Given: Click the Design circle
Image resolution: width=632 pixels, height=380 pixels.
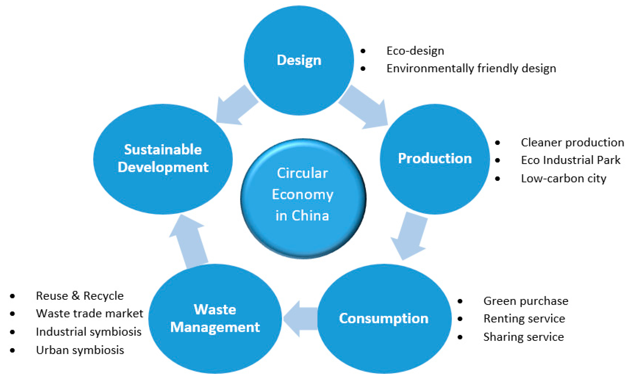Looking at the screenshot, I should (299, 61).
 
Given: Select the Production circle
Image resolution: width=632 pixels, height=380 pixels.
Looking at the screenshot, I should (435, 159).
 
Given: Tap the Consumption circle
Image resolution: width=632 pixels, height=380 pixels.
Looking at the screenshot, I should (384, 319).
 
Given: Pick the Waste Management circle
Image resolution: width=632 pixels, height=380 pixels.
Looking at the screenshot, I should (215, 319).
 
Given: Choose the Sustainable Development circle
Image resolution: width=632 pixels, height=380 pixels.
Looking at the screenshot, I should (163, 159).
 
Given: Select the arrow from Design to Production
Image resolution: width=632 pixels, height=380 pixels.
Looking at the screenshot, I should (364, 108).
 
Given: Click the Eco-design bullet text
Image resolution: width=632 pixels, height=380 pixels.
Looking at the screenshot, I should (415, 51).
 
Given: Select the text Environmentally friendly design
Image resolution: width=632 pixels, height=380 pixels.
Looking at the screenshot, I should (471, 69).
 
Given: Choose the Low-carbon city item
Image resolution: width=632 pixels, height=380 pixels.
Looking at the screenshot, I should (564, 179).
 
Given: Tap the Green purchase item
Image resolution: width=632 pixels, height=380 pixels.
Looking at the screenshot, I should (526, 301).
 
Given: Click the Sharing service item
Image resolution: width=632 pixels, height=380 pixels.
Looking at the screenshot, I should (524, 337).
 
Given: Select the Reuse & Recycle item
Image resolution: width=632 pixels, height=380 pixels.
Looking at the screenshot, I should (80, 296).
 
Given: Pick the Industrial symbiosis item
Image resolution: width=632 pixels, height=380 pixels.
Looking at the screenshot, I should (88, 332).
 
